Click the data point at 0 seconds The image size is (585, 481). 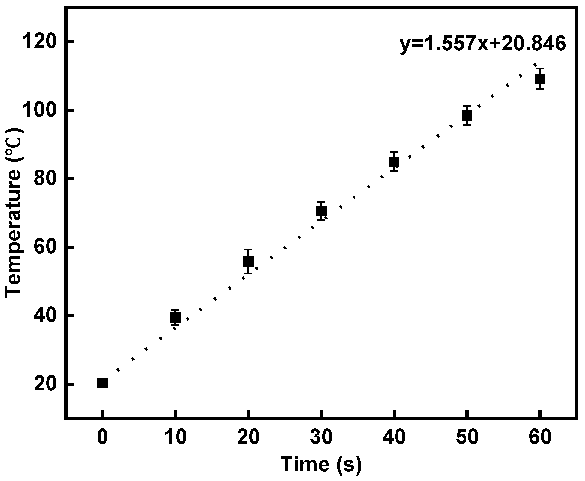tap(103, 384)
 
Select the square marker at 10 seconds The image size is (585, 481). tap(175, 318)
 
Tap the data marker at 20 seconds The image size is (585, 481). tap(248, 261)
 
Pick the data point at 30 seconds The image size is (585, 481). tap(321, 211)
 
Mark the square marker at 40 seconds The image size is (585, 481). tap(394, 162)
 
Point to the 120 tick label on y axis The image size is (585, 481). tap(39, 42)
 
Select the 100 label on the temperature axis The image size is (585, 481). tap(39, 110)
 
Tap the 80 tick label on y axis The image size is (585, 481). tap(45, 179)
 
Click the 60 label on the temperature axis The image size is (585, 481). tap(45, 247)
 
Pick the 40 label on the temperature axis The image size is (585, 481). tap(45, 316)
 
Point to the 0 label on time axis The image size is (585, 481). tap(103, 437)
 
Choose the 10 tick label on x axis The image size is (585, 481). tap(175, 437)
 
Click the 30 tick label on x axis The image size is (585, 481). tap(321, 437)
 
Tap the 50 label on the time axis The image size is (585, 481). tap(467, 437)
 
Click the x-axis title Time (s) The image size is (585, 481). tap(321, 464)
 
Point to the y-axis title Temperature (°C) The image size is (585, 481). tap(13, 213)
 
